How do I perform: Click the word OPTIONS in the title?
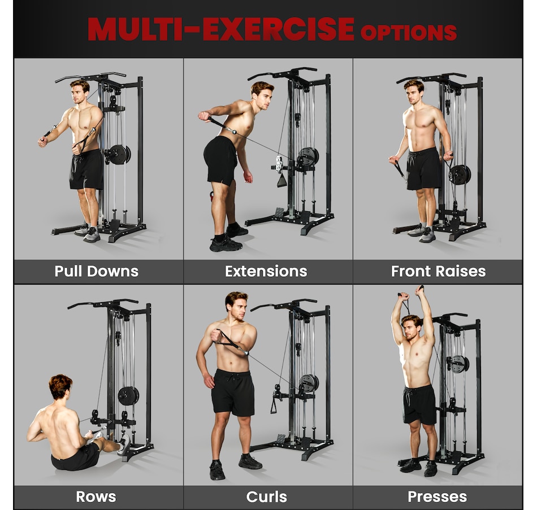click(x=409, y=33)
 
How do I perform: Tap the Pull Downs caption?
click(x=97, y=271)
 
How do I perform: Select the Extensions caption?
click(x=266, y=271)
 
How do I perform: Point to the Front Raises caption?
click(x=439, y=271)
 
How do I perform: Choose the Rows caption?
click(x=96, y=496)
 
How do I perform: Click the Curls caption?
click(x=266, y=496)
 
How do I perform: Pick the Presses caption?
click(x=438, y=496)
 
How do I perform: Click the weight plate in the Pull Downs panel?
click(x=118, y=155)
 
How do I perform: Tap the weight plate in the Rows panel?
click(x=128, y=396)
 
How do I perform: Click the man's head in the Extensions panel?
click(x=262, y=94)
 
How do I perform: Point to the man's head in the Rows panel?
click(x=60, y=387)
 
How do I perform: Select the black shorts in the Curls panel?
click(x=233, y=393)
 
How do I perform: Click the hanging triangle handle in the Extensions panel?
click(x=282, y=180)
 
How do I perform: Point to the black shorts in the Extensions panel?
click(x=220, y=160)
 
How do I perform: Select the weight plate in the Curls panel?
click(x=309, y=383)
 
